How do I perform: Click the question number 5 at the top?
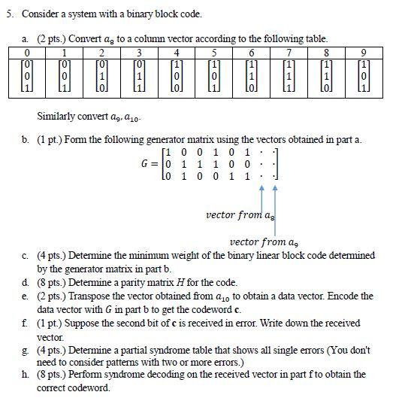point(8,14)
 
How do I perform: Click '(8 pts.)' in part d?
point(51,283)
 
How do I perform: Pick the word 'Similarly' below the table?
point(53,117)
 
